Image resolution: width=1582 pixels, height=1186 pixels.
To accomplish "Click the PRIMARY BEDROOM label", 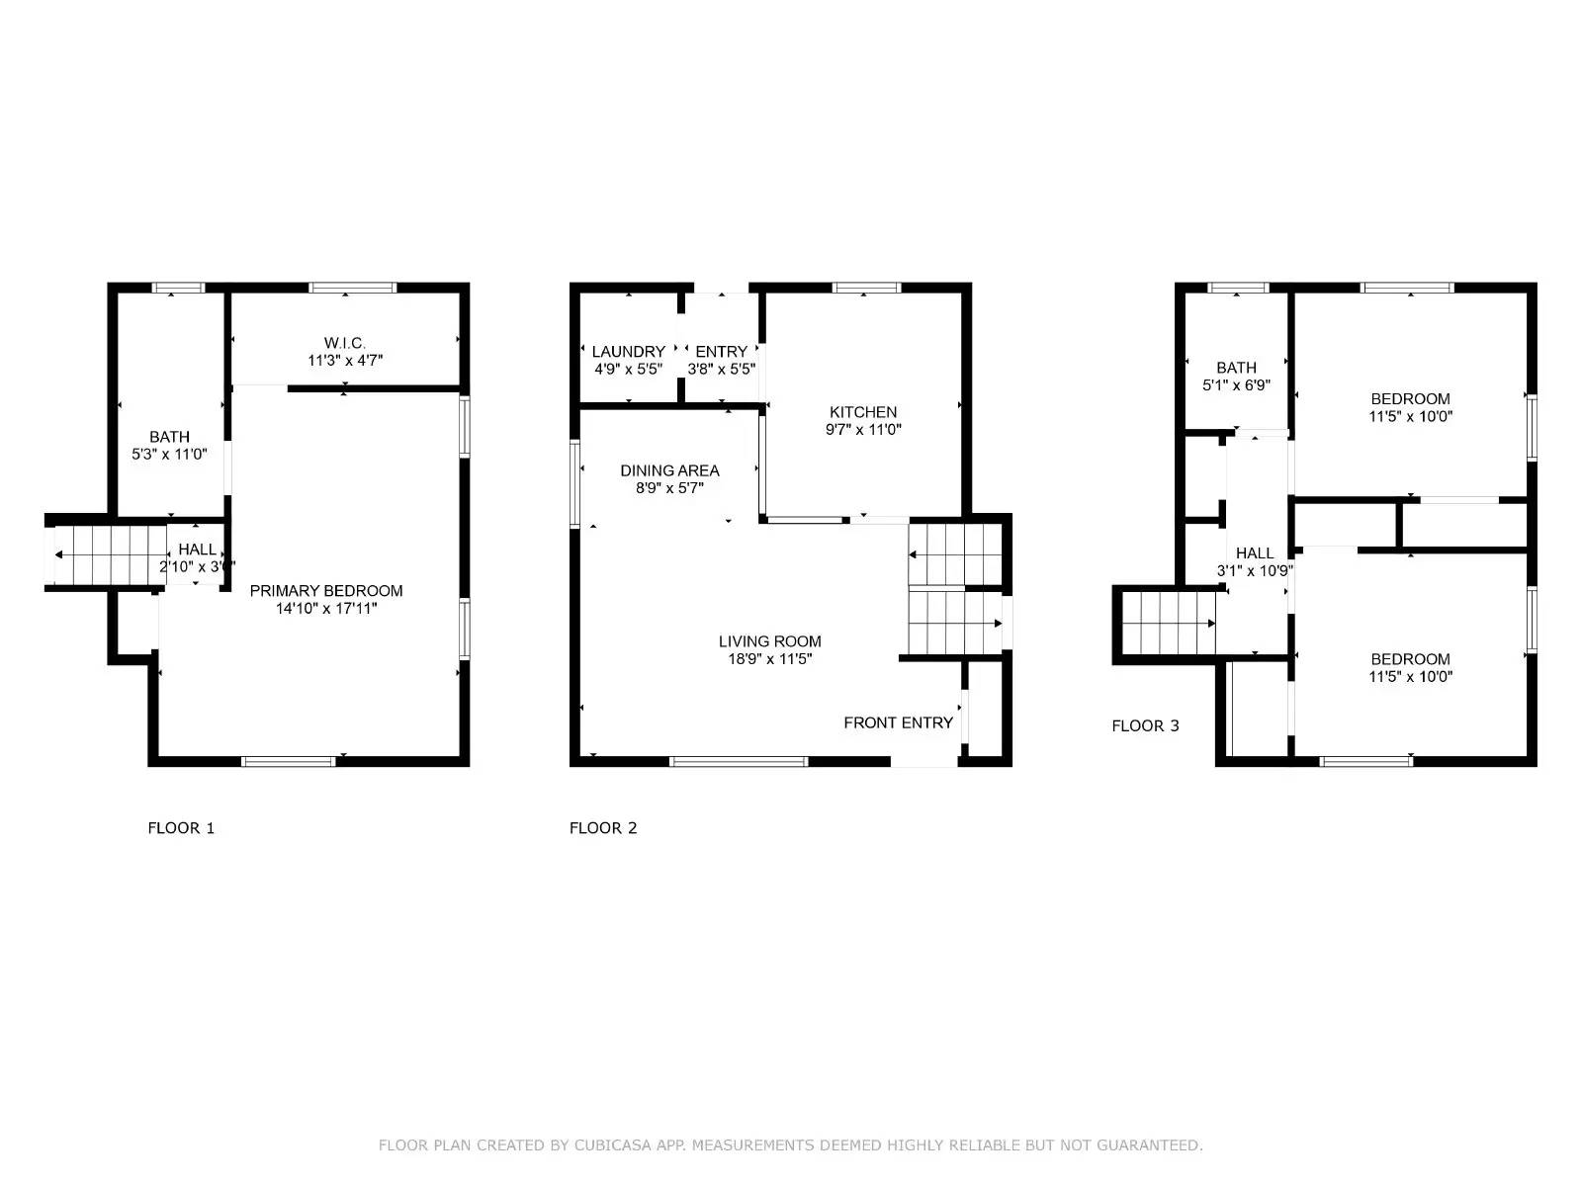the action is click(x=325, y=590).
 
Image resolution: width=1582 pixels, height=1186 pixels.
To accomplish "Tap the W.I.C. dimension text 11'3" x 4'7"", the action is click(x=345, y=360).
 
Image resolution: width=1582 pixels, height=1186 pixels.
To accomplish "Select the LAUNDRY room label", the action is click(x=629, y=352).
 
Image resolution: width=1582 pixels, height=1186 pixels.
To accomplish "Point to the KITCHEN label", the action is click(x=863, y=412).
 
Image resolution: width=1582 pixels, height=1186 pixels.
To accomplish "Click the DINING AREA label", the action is click(x=669, y=470).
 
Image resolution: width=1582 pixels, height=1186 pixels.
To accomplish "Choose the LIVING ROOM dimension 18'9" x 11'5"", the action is click(x=769, y=659).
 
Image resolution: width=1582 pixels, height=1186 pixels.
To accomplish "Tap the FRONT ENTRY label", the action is click(x=898, y=722).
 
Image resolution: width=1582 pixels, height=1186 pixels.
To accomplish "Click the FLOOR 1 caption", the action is click(x=181, y=828).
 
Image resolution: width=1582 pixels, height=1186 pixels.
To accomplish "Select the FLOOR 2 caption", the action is click(x=603, y=828).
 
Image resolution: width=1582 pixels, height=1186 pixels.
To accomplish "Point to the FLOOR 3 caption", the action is click(x=1145, y=725).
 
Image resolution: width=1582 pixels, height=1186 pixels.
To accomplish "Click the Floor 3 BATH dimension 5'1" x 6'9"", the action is click(x=1236, y=385).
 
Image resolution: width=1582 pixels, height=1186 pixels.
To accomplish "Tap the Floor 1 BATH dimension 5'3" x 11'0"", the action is click(x=169, y=455).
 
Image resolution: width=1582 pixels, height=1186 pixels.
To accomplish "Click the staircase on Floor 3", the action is click(x=1169, y=623).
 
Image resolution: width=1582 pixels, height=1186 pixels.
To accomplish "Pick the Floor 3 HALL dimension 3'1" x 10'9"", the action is click(x=1255, y=571).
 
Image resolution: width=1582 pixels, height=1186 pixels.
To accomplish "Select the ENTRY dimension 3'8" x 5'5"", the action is click(x=722, y=370).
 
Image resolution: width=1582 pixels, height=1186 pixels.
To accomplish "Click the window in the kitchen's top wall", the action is click(x=866, y=288).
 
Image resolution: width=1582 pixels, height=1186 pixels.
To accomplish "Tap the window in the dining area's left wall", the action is click(x=575, y=484).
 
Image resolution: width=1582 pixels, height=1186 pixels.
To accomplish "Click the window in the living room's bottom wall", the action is click(x=739, y=762).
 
